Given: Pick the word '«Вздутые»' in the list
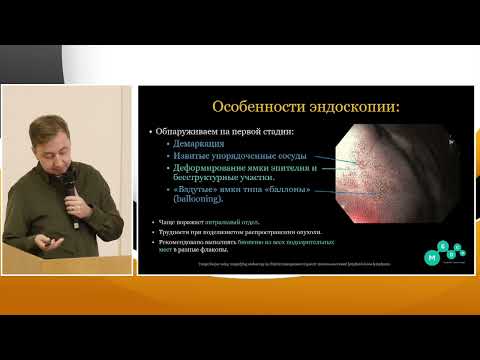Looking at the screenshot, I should click(x=198, y=189).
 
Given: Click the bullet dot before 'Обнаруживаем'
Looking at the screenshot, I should click(x=148, y=131).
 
